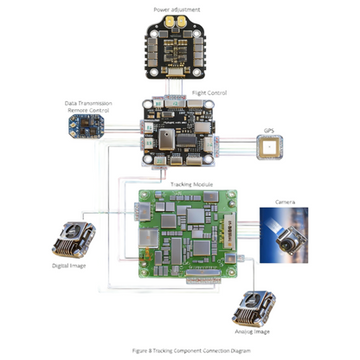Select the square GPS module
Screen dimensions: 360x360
268,149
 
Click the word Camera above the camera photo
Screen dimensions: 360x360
286,201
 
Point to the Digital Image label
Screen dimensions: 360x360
68,266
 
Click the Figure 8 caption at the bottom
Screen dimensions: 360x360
180,350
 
